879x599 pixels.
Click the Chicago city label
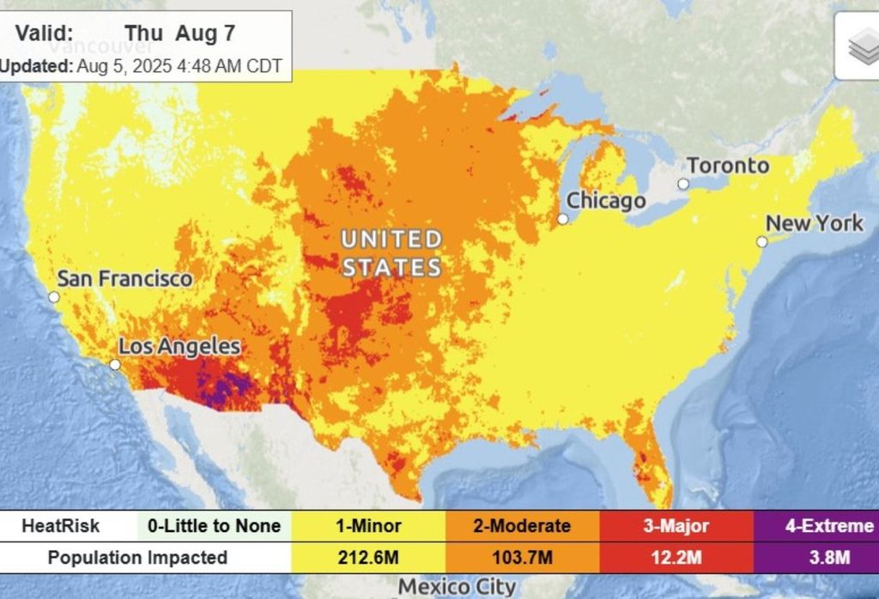[x=606, y=202]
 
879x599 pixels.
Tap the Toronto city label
[x=728, y=166]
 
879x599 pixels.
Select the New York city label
[x=814, y=223]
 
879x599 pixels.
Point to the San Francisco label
[x=124, y=279]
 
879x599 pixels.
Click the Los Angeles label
[x=179, y=347]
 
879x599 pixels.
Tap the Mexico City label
[x=458, y=588]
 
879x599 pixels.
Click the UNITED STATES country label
[x=391, y=252]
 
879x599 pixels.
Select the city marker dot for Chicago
[x=563, y=219]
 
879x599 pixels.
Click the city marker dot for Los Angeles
[x=115, y=365]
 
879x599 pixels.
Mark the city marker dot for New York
[x=761, y=242]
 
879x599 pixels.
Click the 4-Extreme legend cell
[x=815, y=526]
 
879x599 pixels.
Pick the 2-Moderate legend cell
[x=522, y=526]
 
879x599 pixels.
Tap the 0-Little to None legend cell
[x=214, y=526]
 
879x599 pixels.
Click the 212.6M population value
[x=368, y=558]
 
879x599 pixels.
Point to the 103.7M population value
[x=522, y=558]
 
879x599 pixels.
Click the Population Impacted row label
[x=137, y=558]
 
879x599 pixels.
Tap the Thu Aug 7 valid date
[x=179, y=33]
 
